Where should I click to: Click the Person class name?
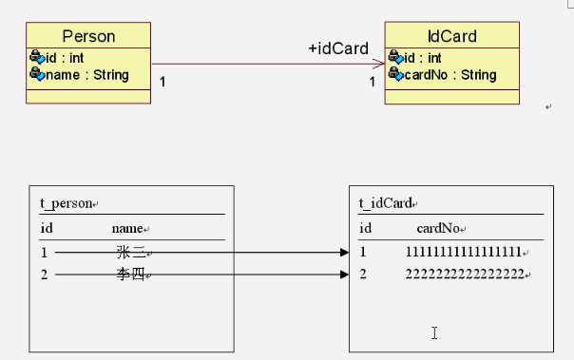[x=88, y=36]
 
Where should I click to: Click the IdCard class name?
[x=452, y=36]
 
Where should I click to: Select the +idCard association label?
[x=338, y=48]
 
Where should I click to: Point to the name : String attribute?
[x=87, y=75]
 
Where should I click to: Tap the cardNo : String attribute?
[x=450, y=75]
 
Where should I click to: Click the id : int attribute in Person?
[x=65, y=58]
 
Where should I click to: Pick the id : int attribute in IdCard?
[x=423, y=58]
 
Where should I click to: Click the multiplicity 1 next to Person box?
[x=163, y=82]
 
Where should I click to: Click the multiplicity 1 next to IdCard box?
[x=372, y=82]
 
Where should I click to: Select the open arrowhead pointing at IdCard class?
[x=378, y=64]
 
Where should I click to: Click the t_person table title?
[x=67, y=203]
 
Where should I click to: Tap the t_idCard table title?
[x=386, y=203]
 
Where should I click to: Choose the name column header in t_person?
[x=127, y=229]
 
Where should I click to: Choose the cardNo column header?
[x=438, y=228]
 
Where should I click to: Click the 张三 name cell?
[x=131, y=252]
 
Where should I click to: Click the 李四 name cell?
[x=131, y=274]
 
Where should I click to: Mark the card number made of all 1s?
[x=464, y=252]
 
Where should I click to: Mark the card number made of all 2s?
[x=465, y=274]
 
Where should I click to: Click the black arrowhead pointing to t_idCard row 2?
[x=344, y=275]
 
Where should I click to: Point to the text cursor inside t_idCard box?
[x=434, y=332]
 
